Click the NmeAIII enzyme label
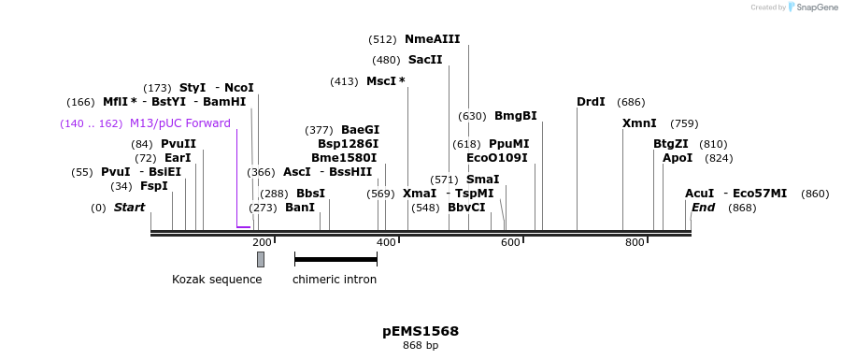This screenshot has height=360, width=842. point(432,39)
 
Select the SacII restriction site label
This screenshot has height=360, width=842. point(425,60)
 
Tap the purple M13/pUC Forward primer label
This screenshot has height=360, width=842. point(179,123)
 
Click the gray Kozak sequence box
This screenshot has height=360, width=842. point(261,259)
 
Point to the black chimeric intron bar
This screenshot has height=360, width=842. point(335,259)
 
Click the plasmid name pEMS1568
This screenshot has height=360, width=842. point(421,331)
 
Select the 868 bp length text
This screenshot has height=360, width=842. point(421,346)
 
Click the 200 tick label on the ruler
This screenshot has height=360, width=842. point(262,243)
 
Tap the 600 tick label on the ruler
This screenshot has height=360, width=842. point(510,243)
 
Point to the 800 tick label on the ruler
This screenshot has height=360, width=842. point(635,243)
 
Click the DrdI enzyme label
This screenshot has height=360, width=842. point(591,102)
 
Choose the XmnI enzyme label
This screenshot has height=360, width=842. point(639,123)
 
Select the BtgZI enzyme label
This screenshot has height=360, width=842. point(670,144)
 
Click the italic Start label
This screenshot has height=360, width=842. point(129,208)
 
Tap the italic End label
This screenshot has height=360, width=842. point(703,208)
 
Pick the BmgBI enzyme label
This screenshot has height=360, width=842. point(515,116)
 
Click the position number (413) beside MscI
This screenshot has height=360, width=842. point(344,81)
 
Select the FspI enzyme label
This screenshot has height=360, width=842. point(153,186)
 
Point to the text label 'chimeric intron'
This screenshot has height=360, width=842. point(335,280)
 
